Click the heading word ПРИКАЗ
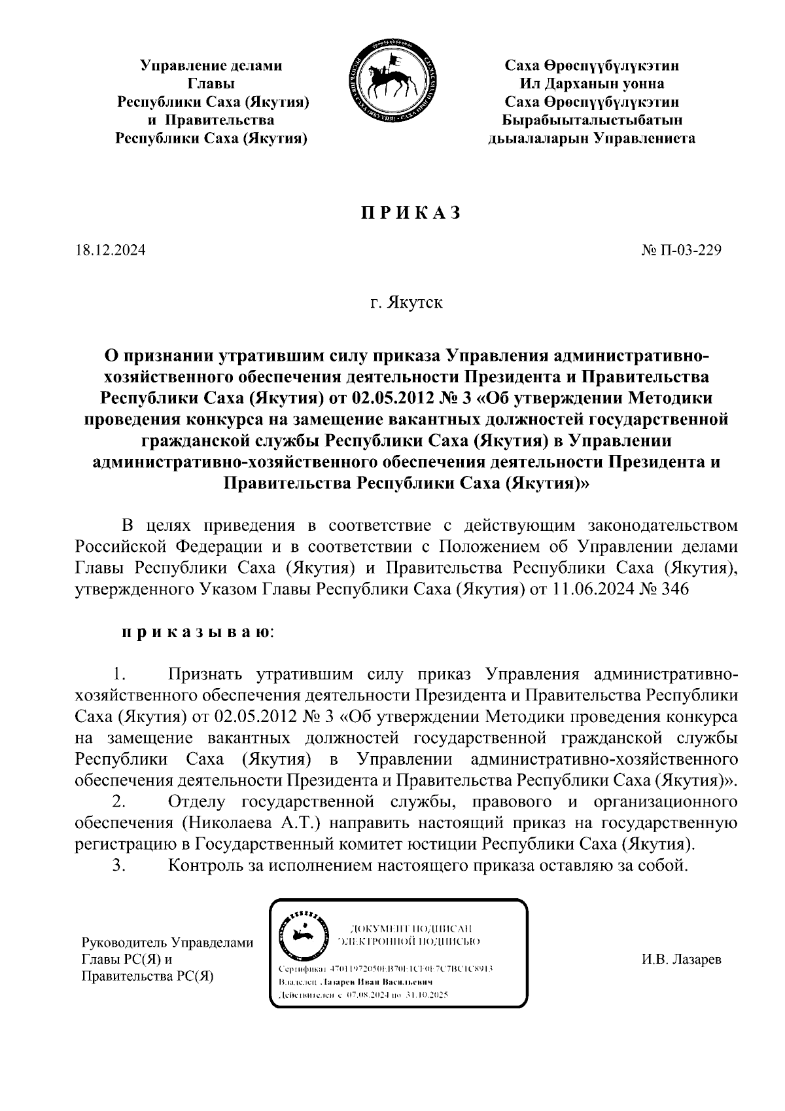tap(411, 213)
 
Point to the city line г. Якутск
tap(406, 304)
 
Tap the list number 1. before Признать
tap(118, 674)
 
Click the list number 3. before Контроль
tap(118, 865)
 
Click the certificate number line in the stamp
tap(386, 968)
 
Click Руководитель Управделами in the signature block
tap(166, 943)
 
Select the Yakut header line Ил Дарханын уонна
tap(591, 84)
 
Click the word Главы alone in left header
tap(211, 84)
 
